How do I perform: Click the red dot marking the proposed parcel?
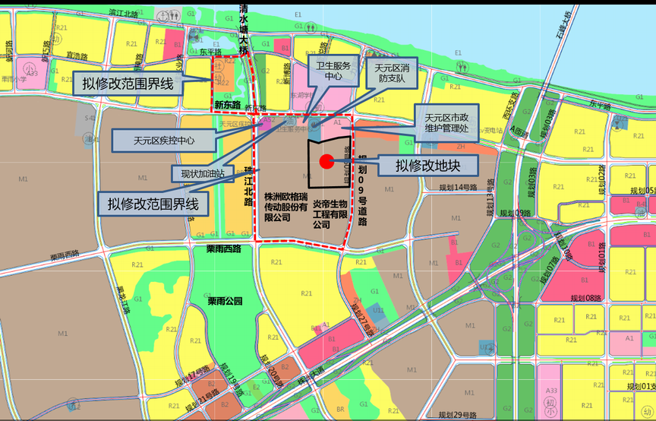(326, 161)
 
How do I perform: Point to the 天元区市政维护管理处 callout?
(447, 123)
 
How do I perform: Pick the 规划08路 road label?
(585, 298)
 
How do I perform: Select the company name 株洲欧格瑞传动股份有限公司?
(285, 206)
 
